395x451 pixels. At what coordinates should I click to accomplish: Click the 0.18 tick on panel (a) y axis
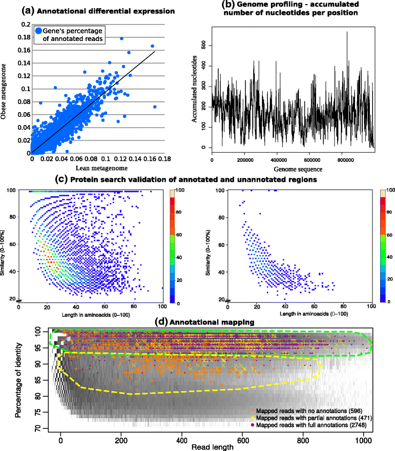pyautogui.click(x=23, y=37)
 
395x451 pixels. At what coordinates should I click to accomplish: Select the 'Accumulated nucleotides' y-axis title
pyautogui.click(x=195, y=90)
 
